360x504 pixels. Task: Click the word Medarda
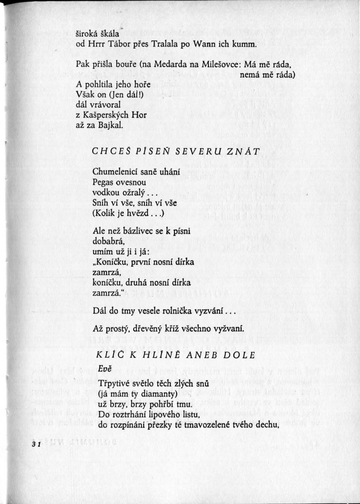(x=170, y=65)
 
